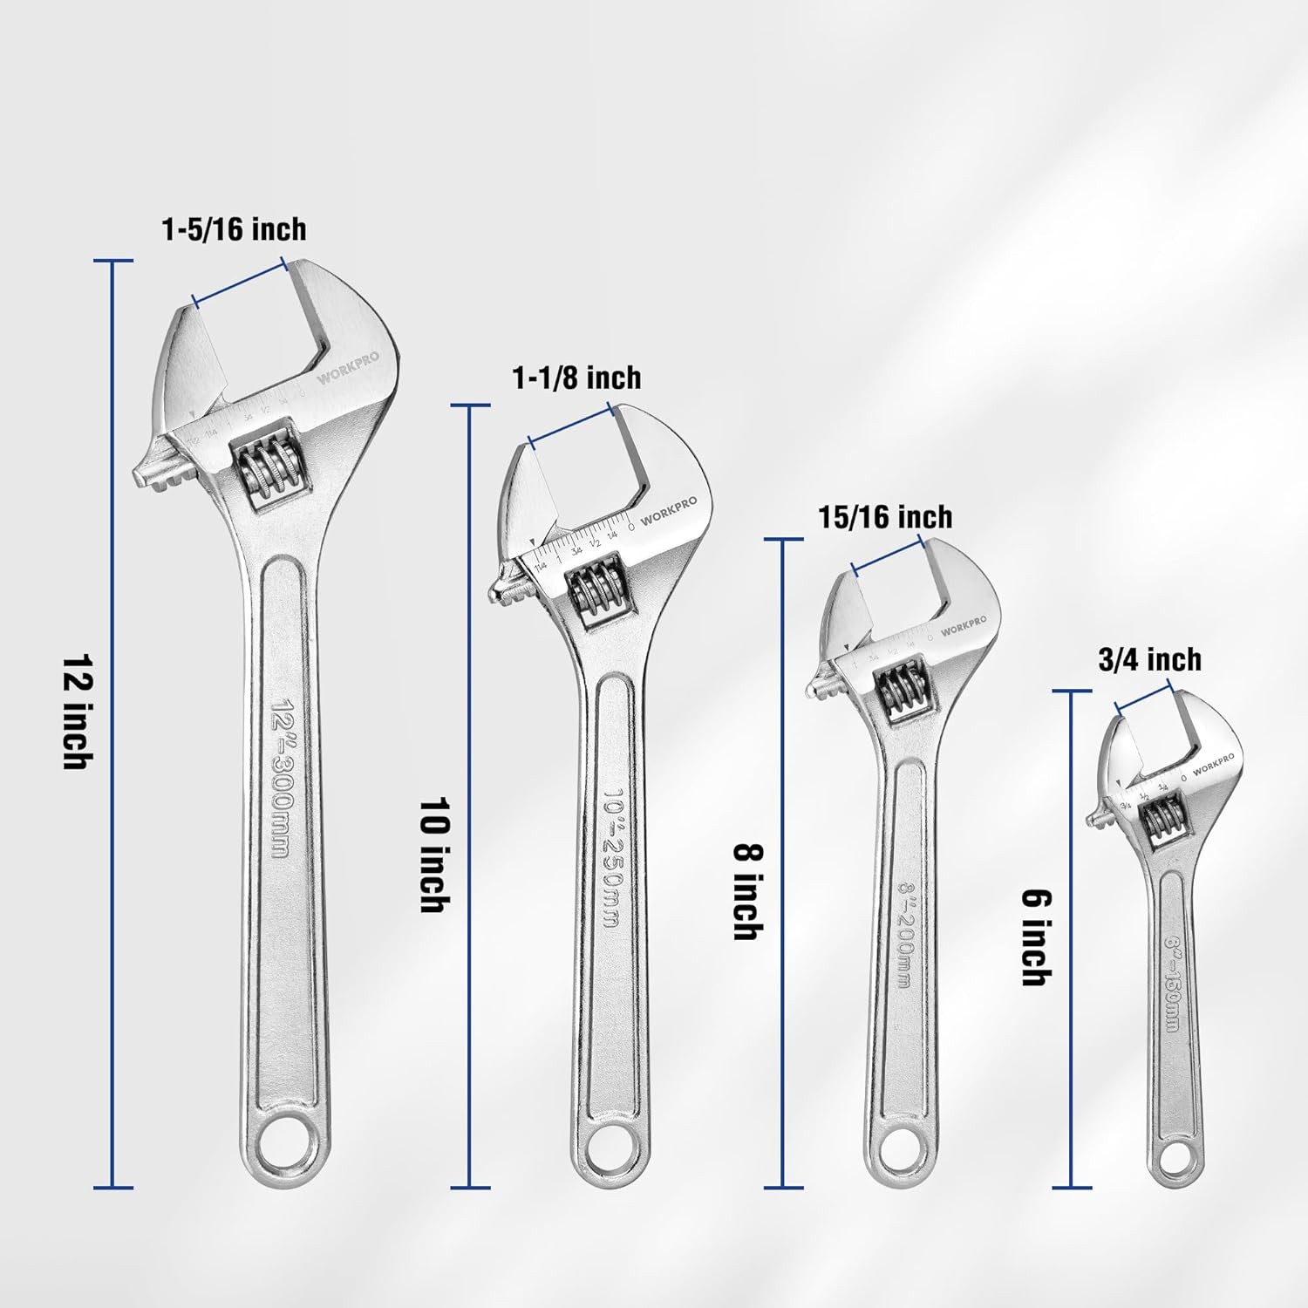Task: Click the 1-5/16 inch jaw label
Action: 234,229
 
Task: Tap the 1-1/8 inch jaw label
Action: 576,378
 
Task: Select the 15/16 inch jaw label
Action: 885,517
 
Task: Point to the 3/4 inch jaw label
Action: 1149,659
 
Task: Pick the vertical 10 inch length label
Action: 434,855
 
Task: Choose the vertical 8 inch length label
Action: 746,891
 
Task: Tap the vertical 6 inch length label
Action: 1036,937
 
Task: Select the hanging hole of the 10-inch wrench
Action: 607,1153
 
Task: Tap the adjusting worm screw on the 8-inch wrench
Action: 902,691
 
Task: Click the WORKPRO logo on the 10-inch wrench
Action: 669,512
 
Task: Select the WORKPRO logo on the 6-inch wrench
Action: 1213,764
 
